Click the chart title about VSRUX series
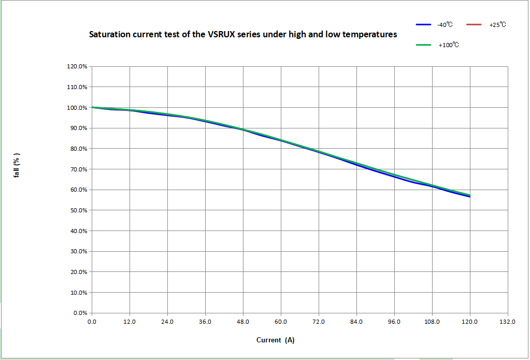[x=243, y=35]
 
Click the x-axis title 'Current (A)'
[x=275, y=340]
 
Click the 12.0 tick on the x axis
[x=130, y=322]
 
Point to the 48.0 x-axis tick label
[x=243, y=322]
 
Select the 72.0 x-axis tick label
[x=319, y=322]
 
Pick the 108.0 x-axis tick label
[x=432, y=322]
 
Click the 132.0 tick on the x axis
[x=508, y=322]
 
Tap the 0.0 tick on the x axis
[x=92, y=322]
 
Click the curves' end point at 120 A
[x=470, y=196]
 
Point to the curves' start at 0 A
[x=92, y=107]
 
